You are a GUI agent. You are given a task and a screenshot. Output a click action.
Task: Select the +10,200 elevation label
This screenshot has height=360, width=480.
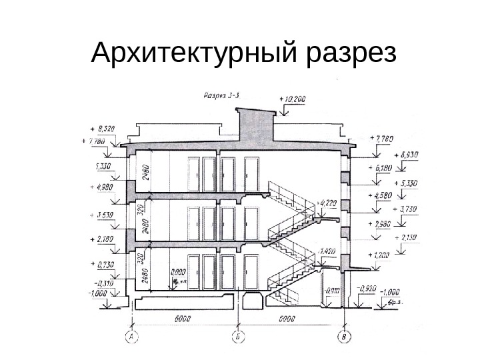coord(294,99)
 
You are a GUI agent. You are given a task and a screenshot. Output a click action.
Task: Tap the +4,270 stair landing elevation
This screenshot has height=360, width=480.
coord(329,201)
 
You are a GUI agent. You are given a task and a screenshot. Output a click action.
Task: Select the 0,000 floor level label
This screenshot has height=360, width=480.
coord(179,272)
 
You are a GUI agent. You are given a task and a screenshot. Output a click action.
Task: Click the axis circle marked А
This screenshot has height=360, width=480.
coord(131,337)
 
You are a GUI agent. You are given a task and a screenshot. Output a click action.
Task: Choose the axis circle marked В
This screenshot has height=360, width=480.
coord(344,337)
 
